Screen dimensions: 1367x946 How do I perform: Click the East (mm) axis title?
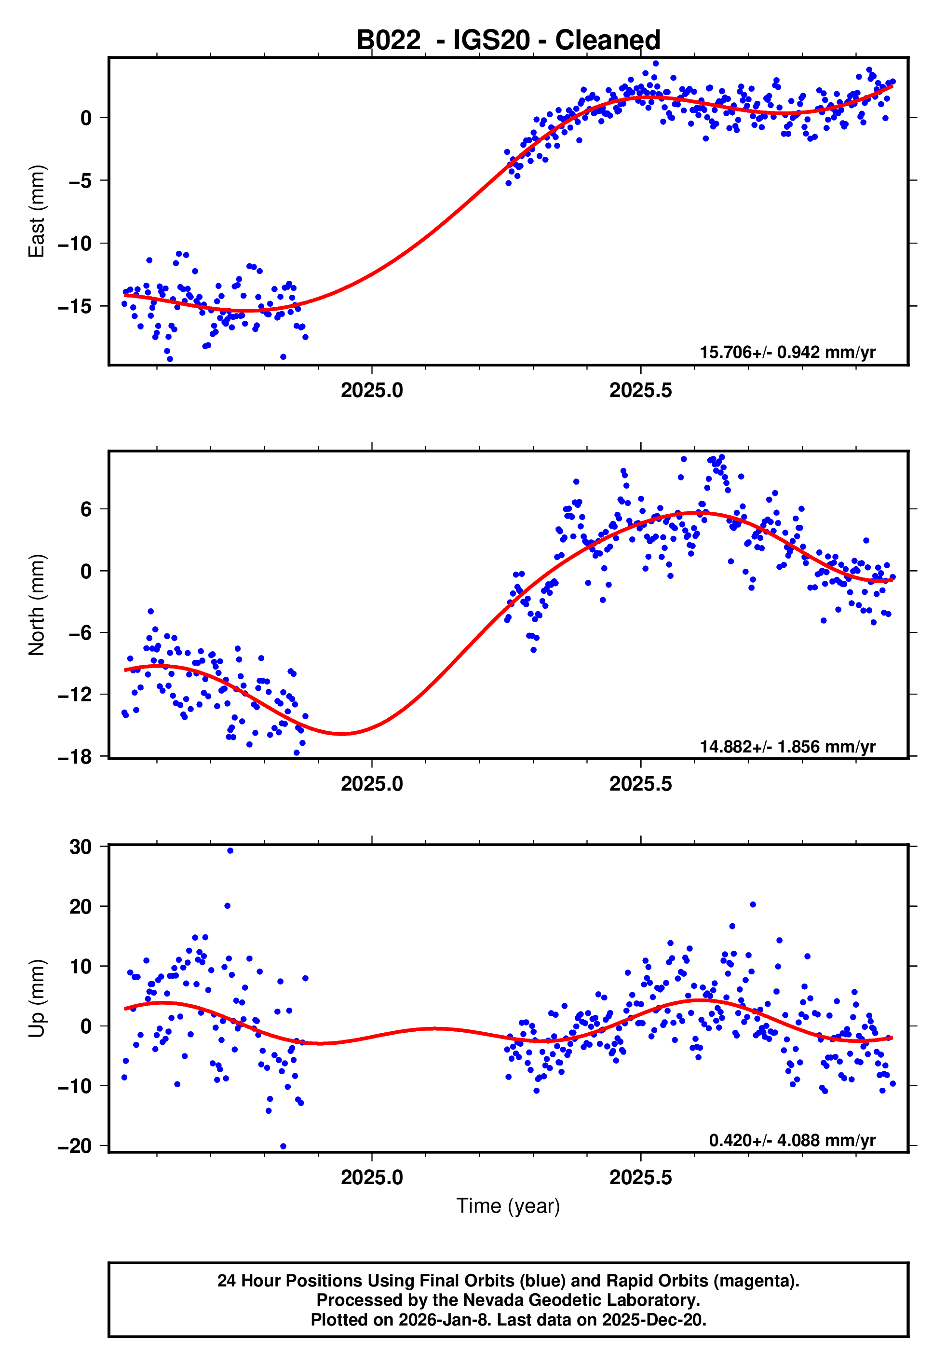click(37, 211)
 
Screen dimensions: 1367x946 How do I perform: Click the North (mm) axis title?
click(37, 605)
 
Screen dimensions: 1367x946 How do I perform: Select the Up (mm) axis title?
click(37, 998)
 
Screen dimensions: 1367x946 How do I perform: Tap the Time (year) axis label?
click(508, 1206)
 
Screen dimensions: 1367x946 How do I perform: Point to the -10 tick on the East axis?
click(75, 244)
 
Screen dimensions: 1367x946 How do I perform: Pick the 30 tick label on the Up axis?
click(81, 847)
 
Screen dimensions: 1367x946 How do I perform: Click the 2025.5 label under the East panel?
click(640, 391)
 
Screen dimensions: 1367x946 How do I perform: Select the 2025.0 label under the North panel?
click(372, 784)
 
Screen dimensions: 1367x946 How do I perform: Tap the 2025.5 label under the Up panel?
click(640, 1177)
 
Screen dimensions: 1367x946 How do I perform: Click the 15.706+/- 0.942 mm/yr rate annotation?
click(787, 352)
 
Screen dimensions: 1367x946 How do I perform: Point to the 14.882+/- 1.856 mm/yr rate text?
click(787, 746)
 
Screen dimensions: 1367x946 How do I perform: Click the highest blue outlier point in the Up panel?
click(230, 851)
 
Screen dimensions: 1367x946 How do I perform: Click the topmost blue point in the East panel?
click(655, 63)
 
